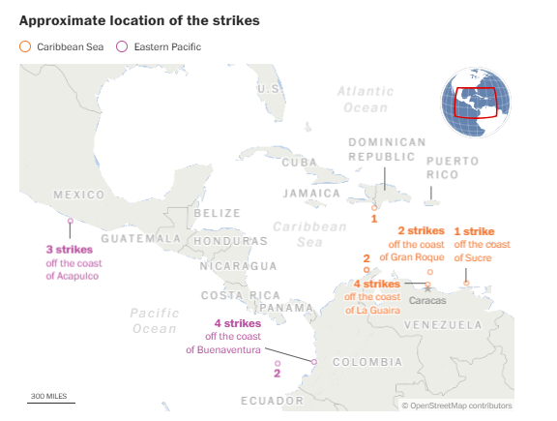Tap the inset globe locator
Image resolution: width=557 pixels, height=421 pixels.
(x=475, y=102)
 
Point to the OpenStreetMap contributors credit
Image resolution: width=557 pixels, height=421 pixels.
(x=456, y=406)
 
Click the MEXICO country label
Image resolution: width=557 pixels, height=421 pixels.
(x=78, y=195)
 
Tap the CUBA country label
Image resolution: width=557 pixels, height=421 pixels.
(x=299, y=163)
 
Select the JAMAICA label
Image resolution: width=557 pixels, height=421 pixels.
(x=311, y=193)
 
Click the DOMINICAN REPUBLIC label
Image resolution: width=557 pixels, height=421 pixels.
(x=387, y=149)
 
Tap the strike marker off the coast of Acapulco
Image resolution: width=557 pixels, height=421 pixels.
(x=70, y=221)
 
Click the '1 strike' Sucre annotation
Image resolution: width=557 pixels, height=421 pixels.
(x=474, y=244)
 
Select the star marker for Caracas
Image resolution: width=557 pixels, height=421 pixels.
(x=427, y=288)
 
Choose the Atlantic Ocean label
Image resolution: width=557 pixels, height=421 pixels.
(x=366, y=99)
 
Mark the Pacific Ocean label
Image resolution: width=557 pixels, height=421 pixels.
(x=154, y=320)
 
